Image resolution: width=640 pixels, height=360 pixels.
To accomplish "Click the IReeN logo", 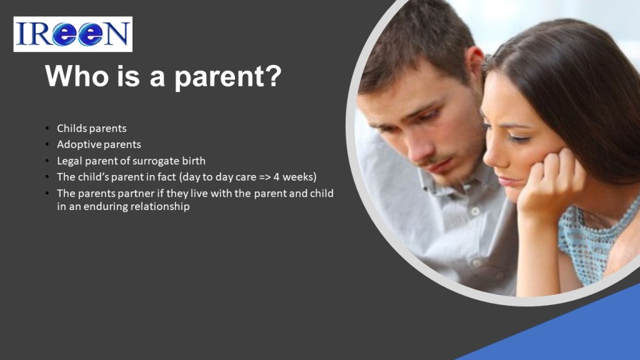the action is (72, 34).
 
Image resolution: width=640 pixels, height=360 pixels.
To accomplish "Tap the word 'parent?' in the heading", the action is (227, 77).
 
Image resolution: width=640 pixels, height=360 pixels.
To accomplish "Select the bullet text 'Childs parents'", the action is (91, 128).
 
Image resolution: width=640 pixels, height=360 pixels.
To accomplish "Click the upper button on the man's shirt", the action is (475, 212).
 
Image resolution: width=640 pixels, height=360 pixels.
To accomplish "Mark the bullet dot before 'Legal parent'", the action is (47, 161).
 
